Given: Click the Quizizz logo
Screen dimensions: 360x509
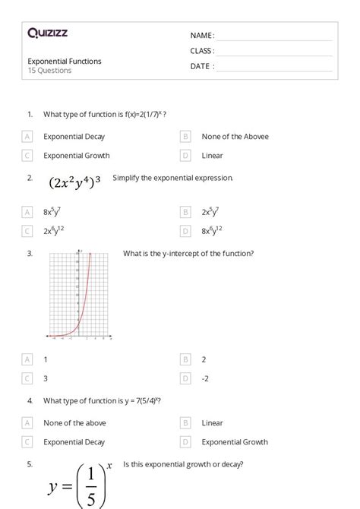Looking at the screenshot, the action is tap(47, 33).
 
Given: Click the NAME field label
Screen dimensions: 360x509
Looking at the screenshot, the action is tap(201, 36).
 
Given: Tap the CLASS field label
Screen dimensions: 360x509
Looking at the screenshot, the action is tap(201, 51).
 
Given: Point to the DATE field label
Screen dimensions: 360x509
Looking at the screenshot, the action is tap(201, 66).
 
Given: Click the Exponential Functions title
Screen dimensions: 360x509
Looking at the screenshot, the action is tap(65, 62).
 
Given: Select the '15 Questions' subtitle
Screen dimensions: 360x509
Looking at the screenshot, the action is tap(50, 71).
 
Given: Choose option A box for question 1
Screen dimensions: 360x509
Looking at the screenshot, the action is tap(27, 137).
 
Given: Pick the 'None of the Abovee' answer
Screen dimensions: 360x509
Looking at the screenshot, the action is tap(235, 137).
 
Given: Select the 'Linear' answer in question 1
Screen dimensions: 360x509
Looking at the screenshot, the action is tap(212, 156).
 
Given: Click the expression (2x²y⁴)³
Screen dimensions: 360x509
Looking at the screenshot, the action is tap(74, 182).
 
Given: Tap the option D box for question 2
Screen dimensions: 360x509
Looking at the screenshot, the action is tap(185, 231).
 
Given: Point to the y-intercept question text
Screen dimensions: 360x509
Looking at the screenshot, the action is tap(188, 254).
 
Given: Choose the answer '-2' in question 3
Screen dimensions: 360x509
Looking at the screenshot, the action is tap(206, 378).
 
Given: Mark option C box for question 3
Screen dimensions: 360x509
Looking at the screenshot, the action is tap(27, 378).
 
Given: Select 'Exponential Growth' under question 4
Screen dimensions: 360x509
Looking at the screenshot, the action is tap(235, 441).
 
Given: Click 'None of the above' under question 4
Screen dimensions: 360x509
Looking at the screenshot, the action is tap(74, 423).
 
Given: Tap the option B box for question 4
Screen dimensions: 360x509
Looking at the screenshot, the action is tap(185, 423).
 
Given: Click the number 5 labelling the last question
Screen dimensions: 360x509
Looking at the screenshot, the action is tap(29, 463).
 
